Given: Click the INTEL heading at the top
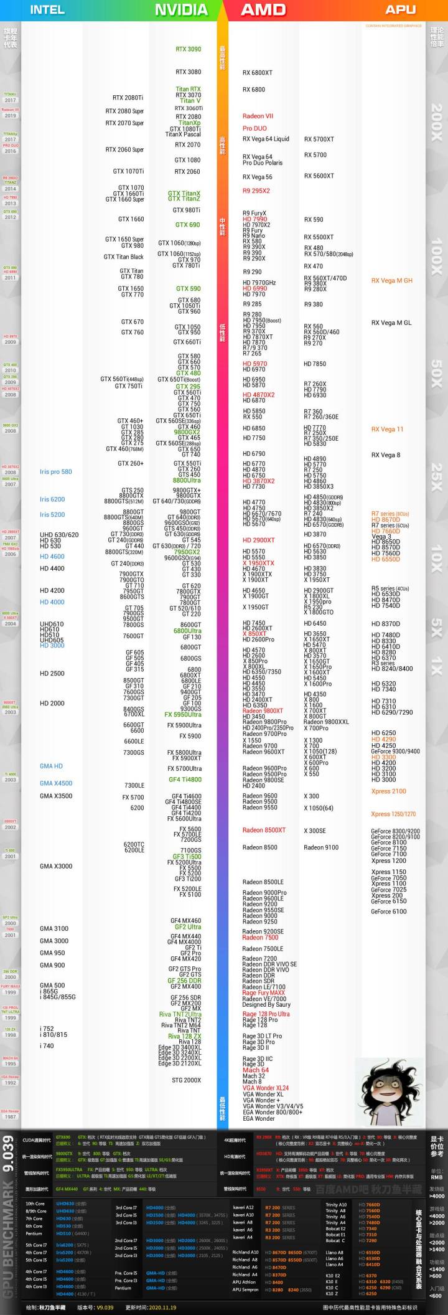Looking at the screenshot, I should [x=47, y=9].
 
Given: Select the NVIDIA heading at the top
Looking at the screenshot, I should [x=181, y=9].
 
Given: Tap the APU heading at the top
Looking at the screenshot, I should [x=401, y=9].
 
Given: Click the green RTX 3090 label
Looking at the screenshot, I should [x=188, y=49].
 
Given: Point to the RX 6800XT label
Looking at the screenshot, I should [x=257, y=73].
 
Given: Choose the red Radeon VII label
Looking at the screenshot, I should [x=258, y=116].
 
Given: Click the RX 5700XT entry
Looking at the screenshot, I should [x=319, y=139].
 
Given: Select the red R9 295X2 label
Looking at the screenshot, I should [x=256, y=191].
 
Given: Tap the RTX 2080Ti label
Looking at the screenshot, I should [x=128, y=98].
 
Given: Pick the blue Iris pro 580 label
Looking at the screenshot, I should [x=55, y=472].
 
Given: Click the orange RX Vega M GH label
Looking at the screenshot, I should [x=391, y=281].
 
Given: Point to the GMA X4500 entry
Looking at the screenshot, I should [x=56, y=783].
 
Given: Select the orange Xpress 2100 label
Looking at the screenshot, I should [x=388, y=791].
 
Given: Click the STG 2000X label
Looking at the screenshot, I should [x=186, y=1080].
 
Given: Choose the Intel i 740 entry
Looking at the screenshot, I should [x=47, y=1046].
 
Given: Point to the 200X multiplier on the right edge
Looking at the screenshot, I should [x=437, y=118].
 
